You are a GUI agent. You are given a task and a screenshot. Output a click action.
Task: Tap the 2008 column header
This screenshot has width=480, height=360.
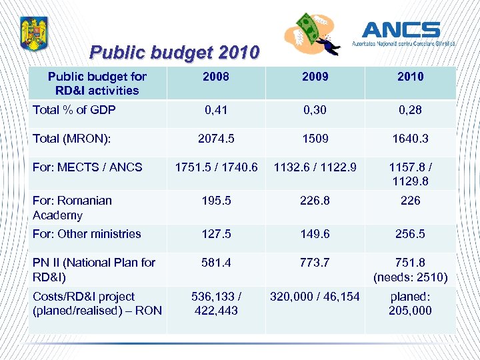215,77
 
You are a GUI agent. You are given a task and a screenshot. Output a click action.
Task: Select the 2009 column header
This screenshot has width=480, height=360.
315,77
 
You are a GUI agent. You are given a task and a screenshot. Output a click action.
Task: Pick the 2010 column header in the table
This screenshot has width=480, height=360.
410,77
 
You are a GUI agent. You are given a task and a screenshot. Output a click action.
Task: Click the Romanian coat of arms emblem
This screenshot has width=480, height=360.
32,34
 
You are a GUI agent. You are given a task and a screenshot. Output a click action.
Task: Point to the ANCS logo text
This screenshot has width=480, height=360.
401,30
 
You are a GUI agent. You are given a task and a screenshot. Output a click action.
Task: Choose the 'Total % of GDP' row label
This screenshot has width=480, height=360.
73,109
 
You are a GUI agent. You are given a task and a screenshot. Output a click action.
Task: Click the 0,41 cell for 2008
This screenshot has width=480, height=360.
215,109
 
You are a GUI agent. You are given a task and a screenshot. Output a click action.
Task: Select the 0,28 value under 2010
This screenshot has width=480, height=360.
410,109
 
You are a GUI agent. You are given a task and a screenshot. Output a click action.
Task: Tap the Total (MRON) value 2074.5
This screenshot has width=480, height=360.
215,139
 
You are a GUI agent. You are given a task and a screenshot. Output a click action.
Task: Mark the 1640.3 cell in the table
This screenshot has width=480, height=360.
410,139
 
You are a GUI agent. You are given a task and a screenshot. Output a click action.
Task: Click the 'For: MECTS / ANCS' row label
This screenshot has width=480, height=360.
87,167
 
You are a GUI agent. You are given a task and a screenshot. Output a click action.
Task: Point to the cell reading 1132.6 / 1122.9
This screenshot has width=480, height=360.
315,167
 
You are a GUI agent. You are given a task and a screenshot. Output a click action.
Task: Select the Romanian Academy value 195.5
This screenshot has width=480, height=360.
215,200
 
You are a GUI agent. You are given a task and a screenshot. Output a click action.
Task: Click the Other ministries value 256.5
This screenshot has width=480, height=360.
410,233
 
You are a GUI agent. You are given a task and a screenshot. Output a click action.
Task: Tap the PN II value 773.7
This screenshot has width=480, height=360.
315,263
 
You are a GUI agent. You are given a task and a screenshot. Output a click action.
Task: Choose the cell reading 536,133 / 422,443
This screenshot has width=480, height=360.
215,303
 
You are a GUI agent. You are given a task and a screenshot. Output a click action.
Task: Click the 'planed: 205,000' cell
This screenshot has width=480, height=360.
410,303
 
